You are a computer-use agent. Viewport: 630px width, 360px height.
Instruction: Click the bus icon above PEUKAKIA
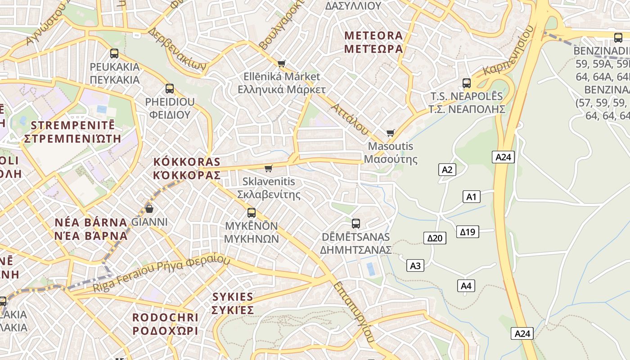[x=114, y=54]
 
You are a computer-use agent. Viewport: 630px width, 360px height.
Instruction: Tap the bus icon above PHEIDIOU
[x=170, y=89]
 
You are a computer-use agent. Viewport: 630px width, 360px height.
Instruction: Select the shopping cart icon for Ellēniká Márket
[x=282, y=63]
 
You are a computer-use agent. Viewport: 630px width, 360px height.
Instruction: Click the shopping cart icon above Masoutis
[x=390, y=133]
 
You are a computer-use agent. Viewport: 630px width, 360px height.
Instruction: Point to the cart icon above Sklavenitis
[x=269, y=168]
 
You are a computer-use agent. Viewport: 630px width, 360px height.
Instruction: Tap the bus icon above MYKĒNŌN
[x=252, y=213]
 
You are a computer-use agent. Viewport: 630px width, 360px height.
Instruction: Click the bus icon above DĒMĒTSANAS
[x=355, y=223]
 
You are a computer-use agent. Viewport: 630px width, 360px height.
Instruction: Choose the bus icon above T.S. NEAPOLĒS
[x=467, y=83]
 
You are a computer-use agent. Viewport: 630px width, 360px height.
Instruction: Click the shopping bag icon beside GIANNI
[x=149, y=209]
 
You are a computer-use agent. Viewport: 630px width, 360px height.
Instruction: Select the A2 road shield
[x=447, y=170]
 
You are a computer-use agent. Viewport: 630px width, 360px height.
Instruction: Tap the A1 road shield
[x=471, y=197]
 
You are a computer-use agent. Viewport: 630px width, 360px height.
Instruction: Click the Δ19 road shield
[x=468, y=232]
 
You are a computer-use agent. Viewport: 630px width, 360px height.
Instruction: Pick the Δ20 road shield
[x=435, y=238]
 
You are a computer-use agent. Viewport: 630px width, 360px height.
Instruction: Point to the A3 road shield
[x=415, y=265]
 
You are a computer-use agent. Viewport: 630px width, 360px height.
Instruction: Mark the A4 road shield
[x=466, y=285]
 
